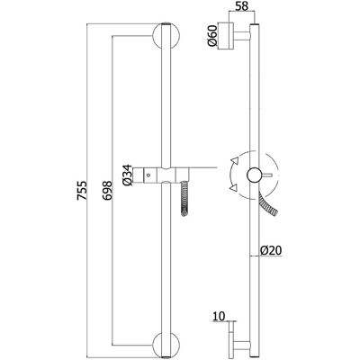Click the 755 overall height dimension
point(82,190)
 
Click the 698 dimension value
point(107,190)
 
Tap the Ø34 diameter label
point(127,175)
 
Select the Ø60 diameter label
point(212,36)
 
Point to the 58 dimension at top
point(241,6)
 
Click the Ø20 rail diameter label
point(272,250)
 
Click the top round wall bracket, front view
point(166,36)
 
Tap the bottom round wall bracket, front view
point(166,345)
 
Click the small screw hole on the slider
point(148,174)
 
